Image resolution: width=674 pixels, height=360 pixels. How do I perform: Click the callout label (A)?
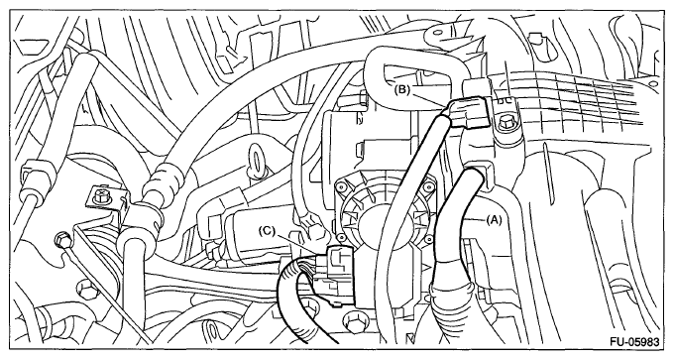(x=494, y=220)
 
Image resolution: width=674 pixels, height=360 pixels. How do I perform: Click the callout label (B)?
(x=401, y=90)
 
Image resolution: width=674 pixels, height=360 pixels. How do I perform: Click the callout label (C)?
(x=267, y=231)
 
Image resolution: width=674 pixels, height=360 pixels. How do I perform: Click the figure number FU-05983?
(x=634, y=342)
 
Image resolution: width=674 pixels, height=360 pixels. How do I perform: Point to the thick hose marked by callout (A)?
(x=456, y=224)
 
